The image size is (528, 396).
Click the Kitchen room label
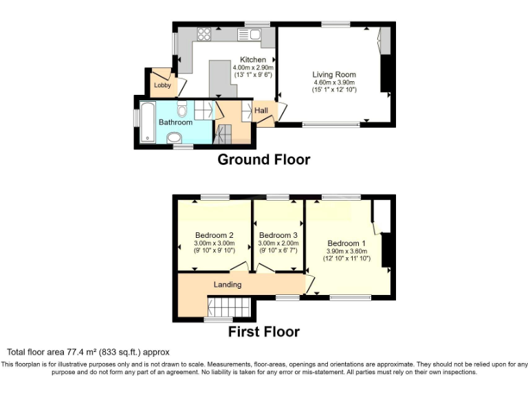(x=253, y=60)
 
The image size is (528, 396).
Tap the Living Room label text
(x=334, y=74)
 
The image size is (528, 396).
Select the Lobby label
(x=162, y=85)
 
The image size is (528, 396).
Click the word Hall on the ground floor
(x=261, y=110)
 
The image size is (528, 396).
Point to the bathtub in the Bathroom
(x=146, y=122)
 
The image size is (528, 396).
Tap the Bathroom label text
(x=176, y=122)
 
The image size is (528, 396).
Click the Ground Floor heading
(x=263, y=159)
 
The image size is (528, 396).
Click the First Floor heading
(x=264, y=331)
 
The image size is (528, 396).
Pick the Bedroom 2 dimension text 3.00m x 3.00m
(x=214, y=243)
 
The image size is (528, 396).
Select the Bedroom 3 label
(x=278, y=234)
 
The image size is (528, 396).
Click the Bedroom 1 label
(x=346, y=243)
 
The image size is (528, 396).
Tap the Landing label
(x=227, y=285)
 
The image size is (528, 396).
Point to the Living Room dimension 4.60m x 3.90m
(x=334, y=82)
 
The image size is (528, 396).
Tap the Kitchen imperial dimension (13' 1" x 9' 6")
(x=253, y=74)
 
